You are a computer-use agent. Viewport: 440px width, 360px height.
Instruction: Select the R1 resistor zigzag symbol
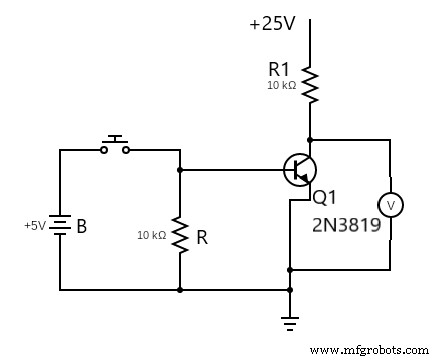tap(310, 86)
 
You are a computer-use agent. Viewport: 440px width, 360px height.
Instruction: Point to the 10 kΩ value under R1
tap(281, 86)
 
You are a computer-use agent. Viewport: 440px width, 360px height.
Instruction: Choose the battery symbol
tap(60, 226)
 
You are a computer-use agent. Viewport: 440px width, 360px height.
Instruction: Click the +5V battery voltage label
tap(35, 226)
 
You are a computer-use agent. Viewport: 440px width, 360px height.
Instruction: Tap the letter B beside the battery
tap(82, 227)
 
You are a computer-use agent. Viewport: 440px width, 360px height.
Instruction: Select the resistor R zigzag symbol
tap(180, 234)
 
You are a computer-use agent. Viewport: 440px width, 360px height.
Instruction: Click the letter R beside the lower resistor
tap(201, 238)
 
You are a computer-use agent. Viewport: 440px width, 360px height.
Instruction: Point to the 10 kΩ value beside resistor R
tap(152, 235)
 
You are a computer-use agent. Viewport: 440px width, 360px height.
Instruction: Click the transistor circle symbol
tap(300, 170)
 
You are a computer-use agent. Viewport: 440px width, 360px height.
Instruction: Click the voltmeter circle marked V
tap(391, 205)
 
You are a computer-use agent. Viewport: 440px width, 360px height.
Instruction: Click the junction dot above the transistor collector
tap(310, 140)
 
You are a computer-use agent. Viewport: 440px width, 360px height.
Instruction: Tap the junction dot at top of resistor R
tap(180, 170)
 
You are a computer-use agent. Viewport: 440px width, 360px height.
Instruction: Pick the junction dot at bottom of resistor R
tap(180, 290)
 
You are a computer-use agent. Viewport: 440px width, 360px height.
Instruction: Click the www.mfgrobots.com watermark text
tap(371, 351)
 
